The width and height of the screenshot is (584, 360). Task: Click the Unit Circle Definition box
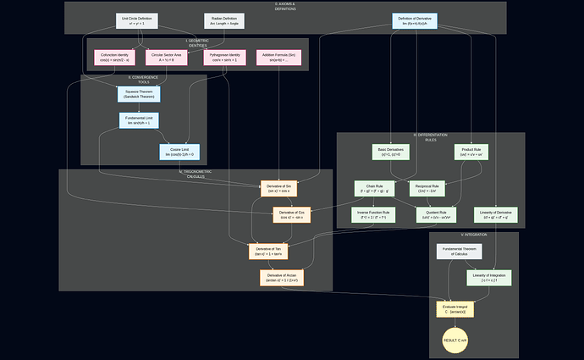[x=136, y=21]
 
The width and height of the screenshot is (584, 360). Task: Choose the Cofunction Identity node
[x=114, y=58]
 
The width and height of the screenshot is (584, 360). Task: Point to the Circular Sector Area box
[x=168, y=58]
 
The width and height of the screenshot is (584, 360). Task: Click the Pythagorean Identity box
[x=224, y=58]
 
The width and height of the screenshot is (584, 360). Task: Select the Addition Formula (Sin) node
[x=279, y=58]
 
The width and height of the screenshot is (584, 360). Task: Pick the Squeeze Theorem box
[x=140, y=93]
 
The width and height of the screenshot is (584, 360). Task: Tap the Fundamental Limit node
[x=140, y=120]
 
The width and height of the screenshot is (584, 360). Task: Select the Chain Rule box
[x=374, y=188]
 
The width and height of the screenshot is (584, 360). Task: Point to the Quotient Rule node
[x=436, y=215]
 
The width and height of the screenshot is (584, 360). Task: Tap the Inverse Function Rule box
[x=374, y=215]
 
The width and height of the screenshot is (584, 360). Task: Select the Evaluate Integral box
[x=455, y=309]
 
